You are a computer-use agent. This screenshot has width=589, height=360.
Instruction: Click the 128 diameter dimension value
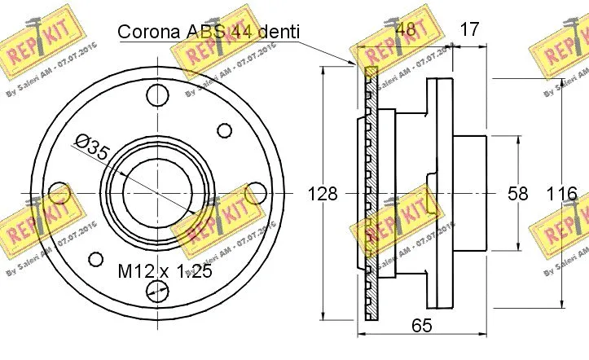[323, 194]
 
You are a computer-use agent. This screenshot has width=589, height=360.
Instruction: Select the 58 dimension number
[517, 194]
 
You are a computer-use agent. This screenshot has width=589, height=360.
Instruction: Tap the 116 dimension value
[561, 194]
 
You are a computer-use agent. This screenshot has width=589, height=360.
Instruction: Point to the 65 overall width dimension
[420, 327]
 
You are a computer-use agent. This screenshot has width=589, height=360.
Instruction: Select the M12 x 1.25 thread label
[165, 271]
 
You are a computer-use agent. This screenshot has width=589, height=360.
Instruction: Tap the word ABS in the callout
[213, 32]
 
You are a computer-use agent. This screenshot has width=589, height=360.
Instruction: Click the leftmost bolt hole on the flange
[59, 193]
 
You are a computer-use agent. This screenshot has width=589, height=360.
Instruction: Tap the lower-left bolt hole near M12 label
[96, 260]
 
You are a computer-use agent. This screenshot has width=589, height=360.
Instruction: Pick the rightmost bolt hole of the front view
[256, 193]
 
